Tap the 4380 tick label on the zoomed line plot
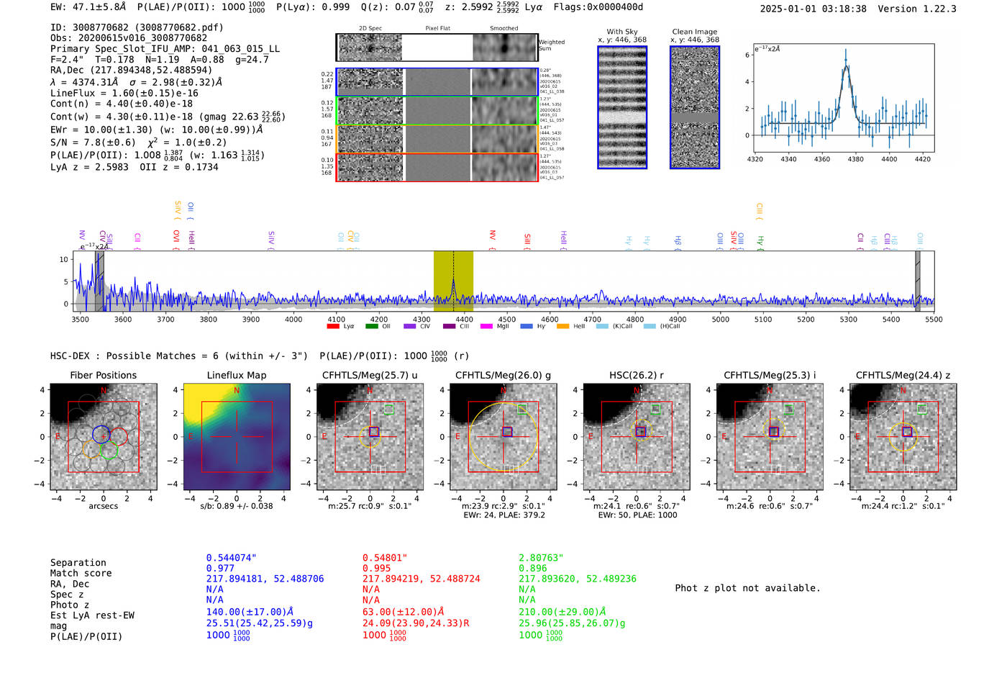pyautogui.click(x=855, y=159)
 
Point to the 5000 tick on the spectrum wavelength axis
pyautogui.click(x=720, y=319)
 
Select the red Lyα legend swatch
pyautogui.click(x=333, y=327)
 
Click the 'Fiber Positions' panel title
pyautogui.click(x=103, y=375)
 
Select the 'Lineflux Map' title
pyautogui.click(x=236, y=375)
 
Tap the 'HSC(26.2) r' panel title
pyautogui.click(x=637, y=375)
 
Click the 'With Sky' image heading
pyautogui.click(x=621, y=32)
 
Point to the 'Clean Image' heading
pyautogui.click(x=694, y=32)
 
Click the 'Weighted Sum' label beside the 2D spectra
pyautogui.click(x=552, y=45)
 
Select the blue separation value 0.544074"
pyautogui.click(x=231, y=558)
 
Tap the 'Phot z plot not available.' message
pyautogui.click(x=747, y=588)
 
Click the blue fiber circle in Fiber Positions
pyautogui.click(x=101, y=434)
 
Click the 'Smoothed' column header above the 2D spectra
pyautogui.click(x=503, y=29)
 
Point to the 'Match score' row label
pyautogui.click(x=81, y=573)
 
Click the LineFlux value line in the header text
pyautogui.click(x=124, y=93)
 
